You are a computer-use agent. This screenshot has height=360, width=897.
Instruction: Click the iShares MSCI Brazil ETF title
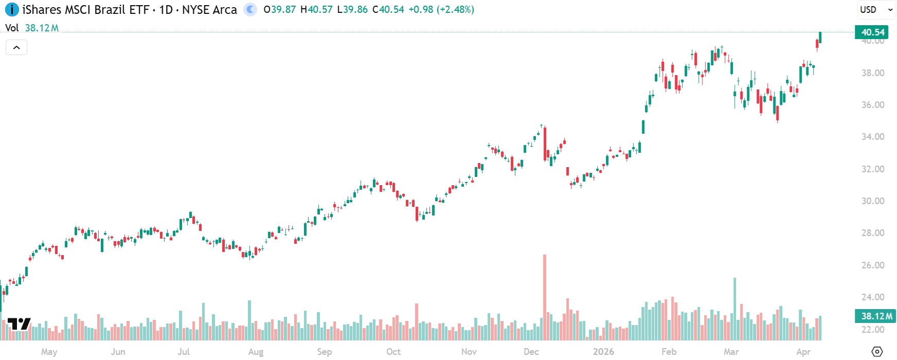(x=85, y=10)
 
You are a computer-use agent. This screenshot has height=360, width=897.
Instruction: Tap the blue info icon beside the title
(x=12, y=10)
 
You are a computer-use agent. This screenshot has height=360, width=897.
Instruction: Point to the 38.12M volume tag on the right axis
(x=875, y=316)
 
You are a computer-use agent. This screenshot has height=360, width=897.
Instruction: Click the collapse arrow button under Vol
(x=16, y=48)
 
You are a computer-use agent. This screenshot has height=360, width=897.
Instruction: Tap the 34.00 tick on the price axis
(x=873, y=137)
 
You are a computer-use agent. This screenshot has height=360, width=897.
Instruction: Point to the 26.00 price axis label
(x=873, y=265)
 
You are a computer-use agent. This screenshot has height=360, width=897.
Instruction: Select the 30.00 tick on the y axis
(x=873, y=201)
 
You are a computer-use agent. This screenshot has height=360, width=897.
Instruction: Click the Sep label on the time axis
(x=324, y=352)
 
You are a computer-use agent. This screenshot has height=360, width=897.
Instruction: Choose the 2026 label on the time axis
(x=603, y=352)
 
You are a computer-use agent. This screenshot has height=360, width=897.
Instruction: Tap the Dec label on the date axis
(x=531, y=352)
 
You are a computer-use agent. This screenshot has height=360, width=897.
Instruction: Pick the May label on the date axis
(x=49, y=352)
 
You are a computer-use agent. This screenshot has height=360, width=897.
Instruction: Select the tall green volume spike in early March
(x=734, y=309)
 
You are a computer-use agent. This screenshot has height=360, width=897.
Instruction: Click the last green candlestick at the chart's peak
(x=820, y=38)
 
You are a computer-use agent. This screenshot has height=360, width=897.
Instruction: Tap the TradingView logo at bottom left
(x=19, y=324)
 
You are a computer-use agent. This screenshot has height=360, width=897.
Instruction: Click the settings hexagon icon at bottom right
(x=877, y=352)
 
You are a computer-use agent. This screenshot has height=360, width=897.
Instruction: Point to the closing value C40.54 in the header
(x=388, y=10)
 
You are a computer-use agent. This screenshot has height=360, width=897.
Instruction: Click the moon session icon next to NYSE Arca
(x=250, y=10)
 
